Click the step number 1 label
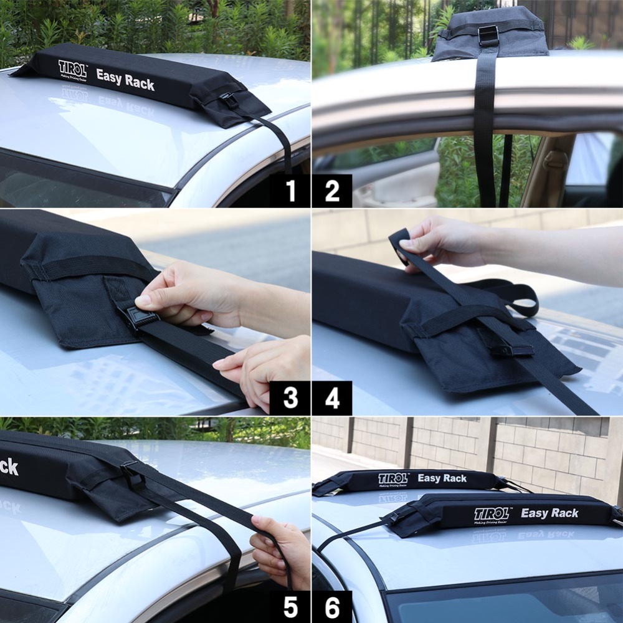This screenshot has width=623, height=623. [x=290, y=191]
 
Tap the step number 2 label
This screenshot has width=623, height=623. [x=332, y=191]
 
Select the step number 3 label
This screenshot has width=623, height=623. [x=290, y=397]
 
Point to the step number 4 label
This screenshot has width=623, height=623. [x=332, y=397]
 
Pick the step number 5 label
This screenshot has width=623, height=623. [x=290, y=606]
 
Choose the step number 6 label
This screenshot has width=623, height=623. [x=332, y=606]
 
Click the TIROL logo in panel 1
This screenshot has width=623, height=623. [x=73, y=68]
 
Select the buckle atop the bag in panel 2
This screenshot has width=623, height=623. [x=488, y=35]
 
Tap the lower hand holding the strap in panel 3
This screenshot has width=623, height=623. [x=262, y=371]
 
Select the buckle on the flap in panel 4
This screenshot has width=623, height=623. [x=511, y=348]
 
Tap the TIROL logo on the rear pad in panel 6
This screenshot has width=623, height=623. [x=393, y=478]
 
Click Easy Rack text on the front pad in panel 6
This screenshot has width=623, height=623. [x=549, y=513]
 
